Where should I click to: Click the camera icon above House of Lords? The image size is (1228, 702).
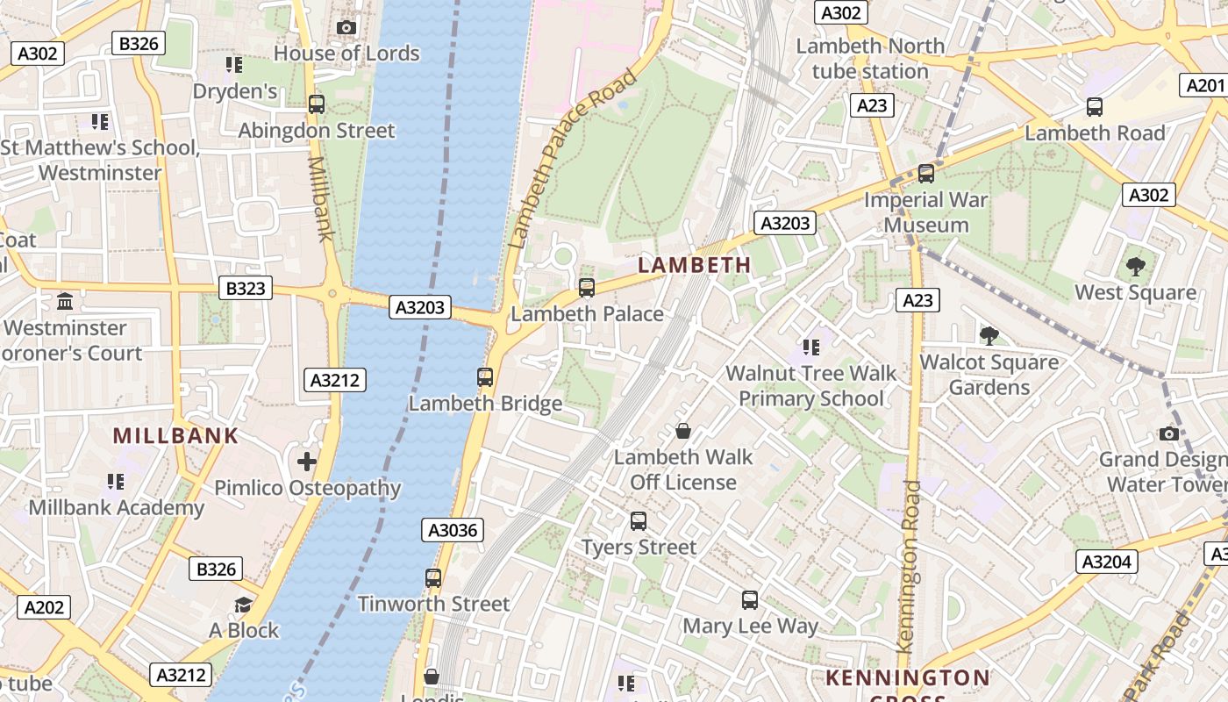click(346, 27)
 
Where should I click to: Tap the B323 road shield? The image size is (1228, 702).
click(245, 288)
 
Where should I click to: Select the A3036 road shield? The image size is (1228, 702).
click(453, 530)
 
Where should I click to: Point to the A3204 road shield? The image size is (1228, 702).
click(1106, 562)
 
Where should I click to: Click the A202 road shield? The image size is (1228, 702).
click(44, 607)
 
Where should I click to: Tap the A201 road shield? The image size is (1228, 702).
click(1204, 85)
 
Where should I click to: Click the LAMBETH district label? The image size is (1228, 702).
click(694, 265)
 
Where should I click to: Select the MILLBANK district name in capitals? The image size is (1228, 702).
click(175, 435)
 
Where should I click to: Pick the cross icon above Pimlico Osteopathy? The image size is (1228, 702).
click(306, 462)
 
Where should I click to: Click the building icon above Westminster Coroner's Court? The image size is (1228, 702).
click(65, 302)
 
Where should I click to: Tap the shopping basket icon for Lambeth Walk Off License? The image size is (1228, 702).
click(683, 431)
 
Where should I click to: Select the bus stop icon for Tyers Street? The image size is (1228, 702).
click(639, 521)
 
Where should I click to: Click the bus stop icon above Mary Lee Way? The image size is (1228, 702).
click(750, 600)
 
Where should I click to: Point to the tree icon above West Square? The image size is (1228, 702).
click(1135, 266)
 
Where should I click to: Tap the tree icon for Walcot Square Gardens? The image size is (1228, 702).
click(989, 335)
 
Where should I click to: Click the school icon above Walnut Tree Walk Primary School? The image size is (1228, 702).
click(811, 347)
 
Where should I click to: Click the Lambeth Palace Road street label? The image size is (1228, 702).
click(571, 159)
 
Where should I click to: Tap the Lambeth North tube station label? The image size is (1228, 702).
click(870, 58)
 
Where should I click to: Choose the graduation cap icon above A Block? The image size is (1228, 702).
click(243, 605)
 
